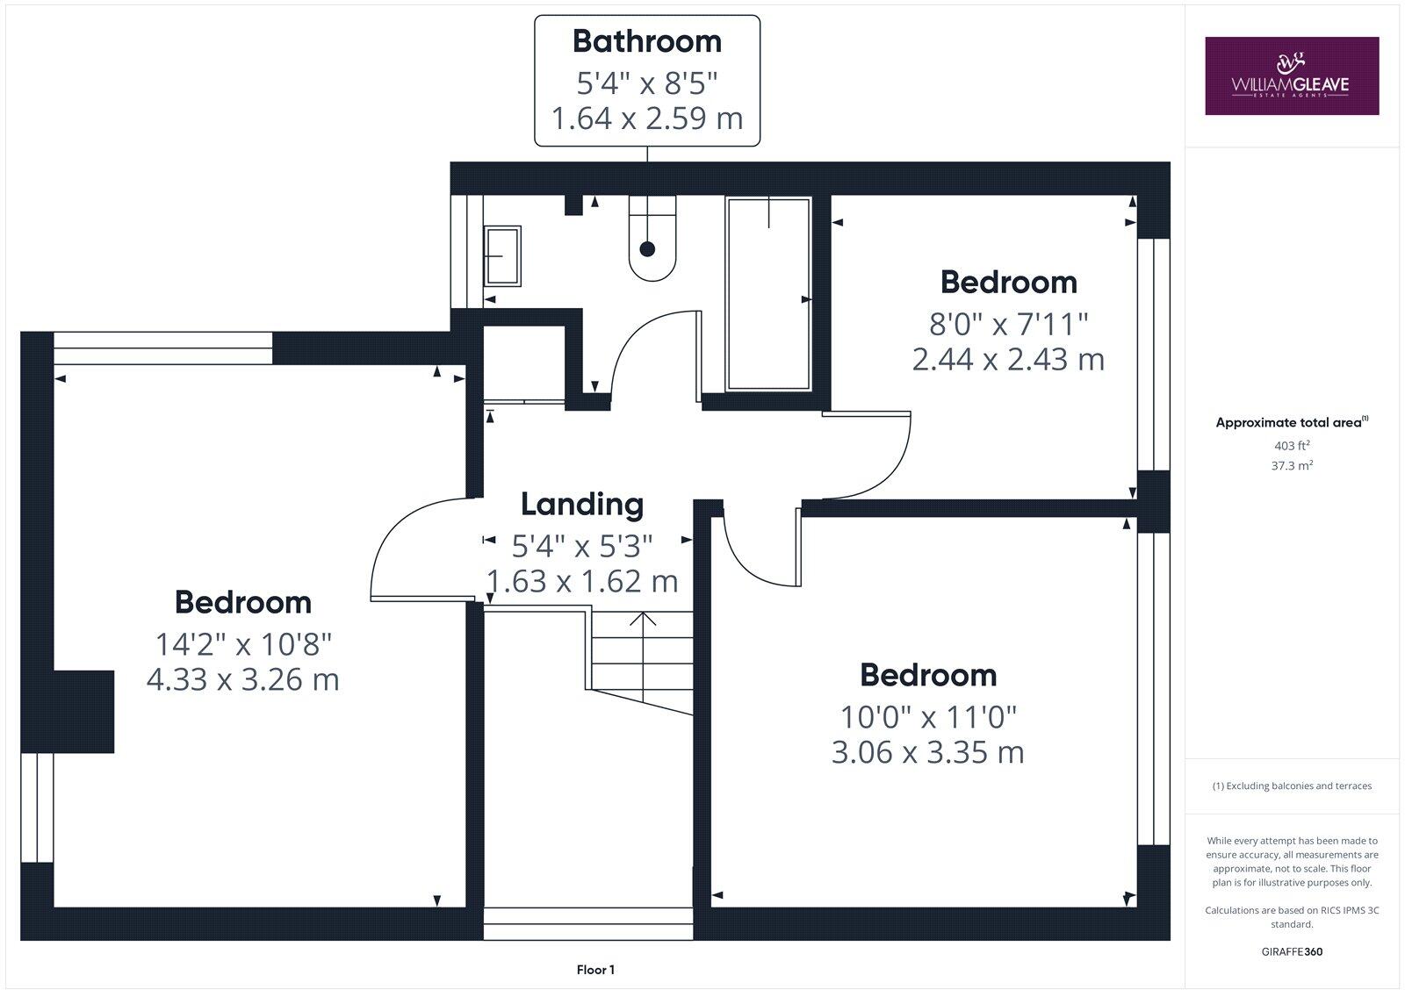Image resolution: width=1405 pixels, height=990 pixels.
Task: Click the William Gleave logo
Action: [1291, 75]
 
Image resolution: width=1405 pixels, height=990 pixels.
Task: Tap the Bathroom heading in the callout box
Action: [647, 41]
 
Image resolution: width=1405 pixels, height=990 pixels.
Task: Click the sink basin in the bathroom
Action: [502, 255]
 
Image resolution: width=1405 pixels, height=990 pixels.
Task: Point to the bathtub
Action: [768, 294]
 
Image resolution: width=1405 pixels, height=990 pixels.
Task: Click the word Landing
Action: [582, 505]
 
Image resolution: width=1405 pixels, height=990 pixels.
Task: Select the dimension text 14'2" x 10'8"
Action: [243, 645]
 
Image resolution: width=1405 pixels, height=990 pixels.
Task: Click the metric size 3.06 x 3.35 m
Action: [927, 753]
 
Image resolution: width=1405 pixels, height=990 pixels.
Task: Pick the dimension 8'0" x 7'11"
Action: [1008, 325]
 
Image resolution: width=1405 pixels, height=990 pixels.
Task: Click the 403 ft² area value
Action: [1292, 446]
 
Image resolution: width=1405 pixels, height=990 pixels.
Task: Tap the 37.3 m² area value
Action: [1292, 466]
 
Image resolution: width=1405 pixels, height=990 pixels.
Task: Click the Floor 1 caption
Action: [595, 970]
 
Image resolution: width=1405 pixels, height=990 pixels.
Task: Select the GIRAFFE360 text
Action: [1292, 951]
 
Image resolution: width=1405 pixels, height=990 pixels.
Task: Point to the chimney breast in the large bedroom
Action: [84, 711]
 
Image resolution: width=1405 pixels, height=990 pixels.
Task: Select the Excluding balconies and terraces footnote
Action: [1292, 786]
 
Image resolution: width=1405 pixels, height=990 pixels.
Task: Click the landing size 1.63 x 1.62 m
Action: [582, 582]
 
